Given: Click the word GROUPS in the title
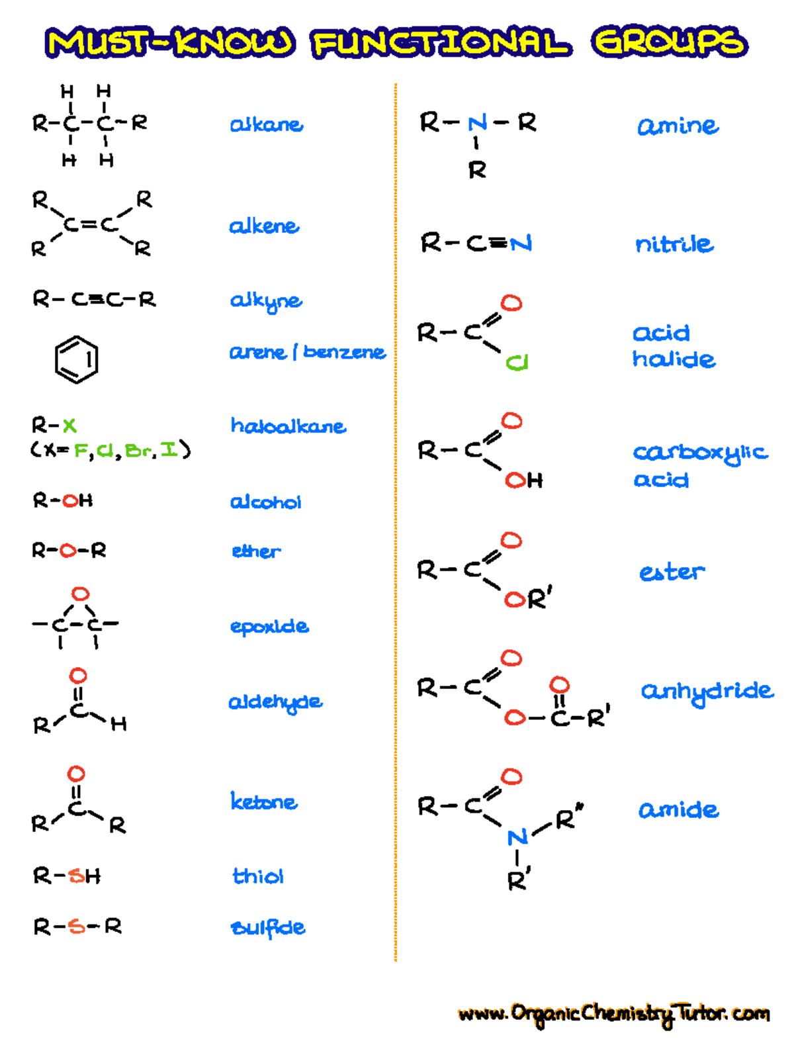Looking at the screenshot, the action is tap(669, 42).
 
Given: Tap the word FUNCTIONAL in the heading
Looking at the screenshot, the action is tap(441, 43).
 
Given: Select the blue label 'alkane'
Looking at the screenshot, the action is tap(266, 124).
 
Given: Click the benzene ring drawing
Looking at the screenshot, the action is tap(76, 359).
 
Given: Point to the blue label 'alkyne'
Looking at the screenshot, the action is tap(266, 302).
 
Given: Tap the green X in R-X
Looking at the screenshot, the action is tap(69, 425).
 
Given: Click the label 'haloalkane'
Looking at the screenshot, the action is tap(288, 426).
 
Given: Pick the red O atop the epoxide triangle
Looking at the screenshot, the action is tap(80, 594).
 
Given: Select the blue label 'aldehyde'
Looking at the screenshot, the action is tap(275, 702).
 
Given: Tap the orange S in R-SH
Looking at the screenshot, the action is tap(77, 876).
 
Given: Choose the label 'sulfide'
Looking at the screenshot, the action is tap(268, 928).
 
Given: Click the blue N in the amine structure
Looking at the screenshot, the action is tap(477, 123).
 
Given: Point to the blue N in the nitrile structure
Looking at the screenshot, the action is tap(521, 244).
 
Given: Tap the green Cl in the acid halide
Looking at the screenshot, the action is tap(517, 363).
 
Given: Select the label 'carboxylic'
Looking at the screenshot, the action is tap(701, 453).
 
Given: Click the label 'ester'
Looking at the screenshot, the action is tap(672, 572).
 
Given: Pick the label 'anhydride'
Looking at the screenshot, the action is tap(707, 692).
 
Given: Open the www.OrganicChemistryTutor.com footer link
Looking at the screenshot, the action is tap(613, 1013).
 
